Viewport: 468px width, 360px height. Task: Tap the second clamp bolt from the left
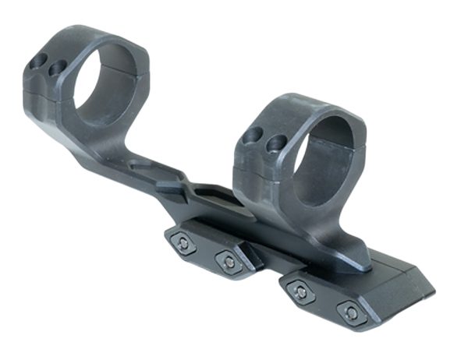tap(229, 262)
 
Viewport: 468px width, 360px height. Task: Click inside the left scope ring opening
tap(105, 81)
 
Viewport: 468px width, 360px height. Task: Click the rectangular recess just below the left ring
tap(148, 168)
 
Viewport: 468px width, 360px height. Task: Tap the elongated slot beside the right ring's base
tap(218, 196)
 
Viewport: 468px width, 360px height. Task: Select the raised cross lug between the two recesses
tap(173, 187)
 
